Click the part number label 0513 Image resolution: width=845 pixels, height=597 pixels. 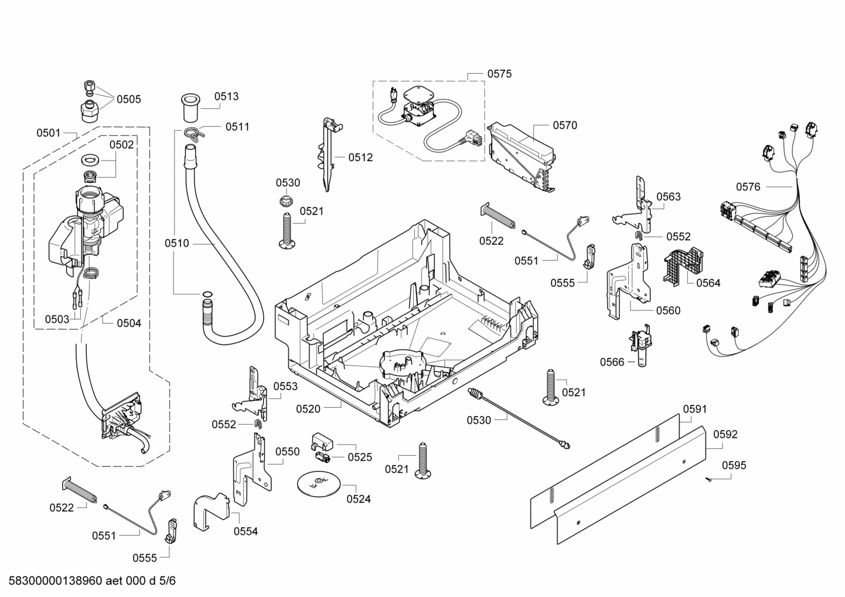point(226,97)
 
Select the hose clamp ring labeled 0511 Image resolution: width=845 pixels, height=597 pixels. point(192,133)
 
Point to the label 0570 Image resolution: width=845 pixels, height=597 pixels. point(564,125)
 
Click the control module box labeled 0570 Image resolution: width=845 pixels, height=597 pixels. point(523,156)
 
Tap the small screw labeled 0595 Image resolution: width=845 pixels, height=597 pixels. point(709,480)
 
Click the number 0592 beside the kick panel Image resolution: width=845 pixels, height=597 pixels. point(725,434)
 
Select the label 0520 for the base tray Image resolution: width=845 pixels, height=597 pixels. point(308,409)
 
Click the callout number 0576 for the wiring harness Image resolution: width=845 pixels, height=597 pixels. point(748,187)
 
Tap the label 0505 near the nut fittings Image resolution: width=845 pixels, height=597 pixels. point(128,99)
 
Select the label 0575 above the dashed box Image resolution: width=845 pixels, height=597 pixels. point(499,74)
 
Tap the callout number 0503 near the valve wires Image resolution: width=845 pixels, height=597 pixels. point(57,319)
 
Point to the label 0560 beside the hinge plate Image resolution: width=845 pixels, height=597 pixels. point(668,311)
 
